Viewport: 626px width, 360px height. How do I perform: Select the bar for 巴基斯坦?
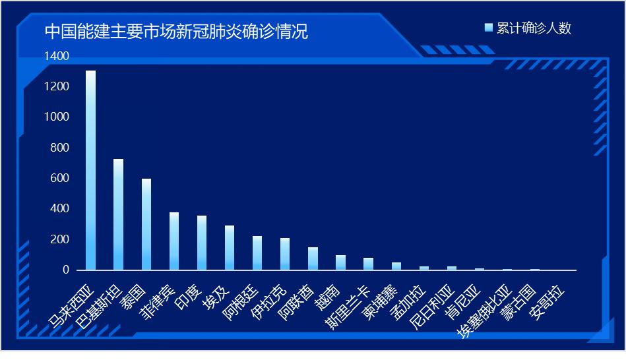(118, 214)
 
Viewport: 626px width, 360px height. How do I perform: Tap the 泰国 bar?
(146, 224)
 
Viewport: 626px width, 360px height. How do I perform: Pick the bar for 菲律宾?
(174, 241)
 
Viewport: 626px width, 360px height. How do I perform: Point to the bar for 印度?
(202, 243)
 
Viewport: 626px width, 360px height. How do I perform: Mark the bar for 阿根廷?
(257, 253)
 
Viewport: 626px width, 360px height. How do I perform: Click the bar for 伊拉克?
(285, 254)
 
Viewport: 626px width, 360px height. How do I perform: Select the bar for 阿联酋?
(313, 258)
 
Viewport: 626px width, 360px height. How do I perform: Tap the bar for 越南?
(340, 262)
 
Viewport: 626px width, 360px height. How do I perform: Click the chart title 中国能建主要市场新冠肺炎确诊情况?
(176, 32)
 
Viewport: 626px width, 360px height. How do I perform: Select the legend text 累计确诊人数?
(534, 28)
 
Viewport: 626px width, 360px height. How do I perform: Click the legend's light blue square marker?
(488, 28)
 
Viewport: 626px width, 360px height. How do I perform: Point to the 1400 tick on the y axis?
(56, 57)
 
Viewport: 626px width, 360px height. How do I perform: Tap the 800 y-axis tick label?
(59, 148)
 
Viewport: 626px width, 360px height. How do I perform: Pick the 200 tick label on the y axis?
(59, 239)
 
